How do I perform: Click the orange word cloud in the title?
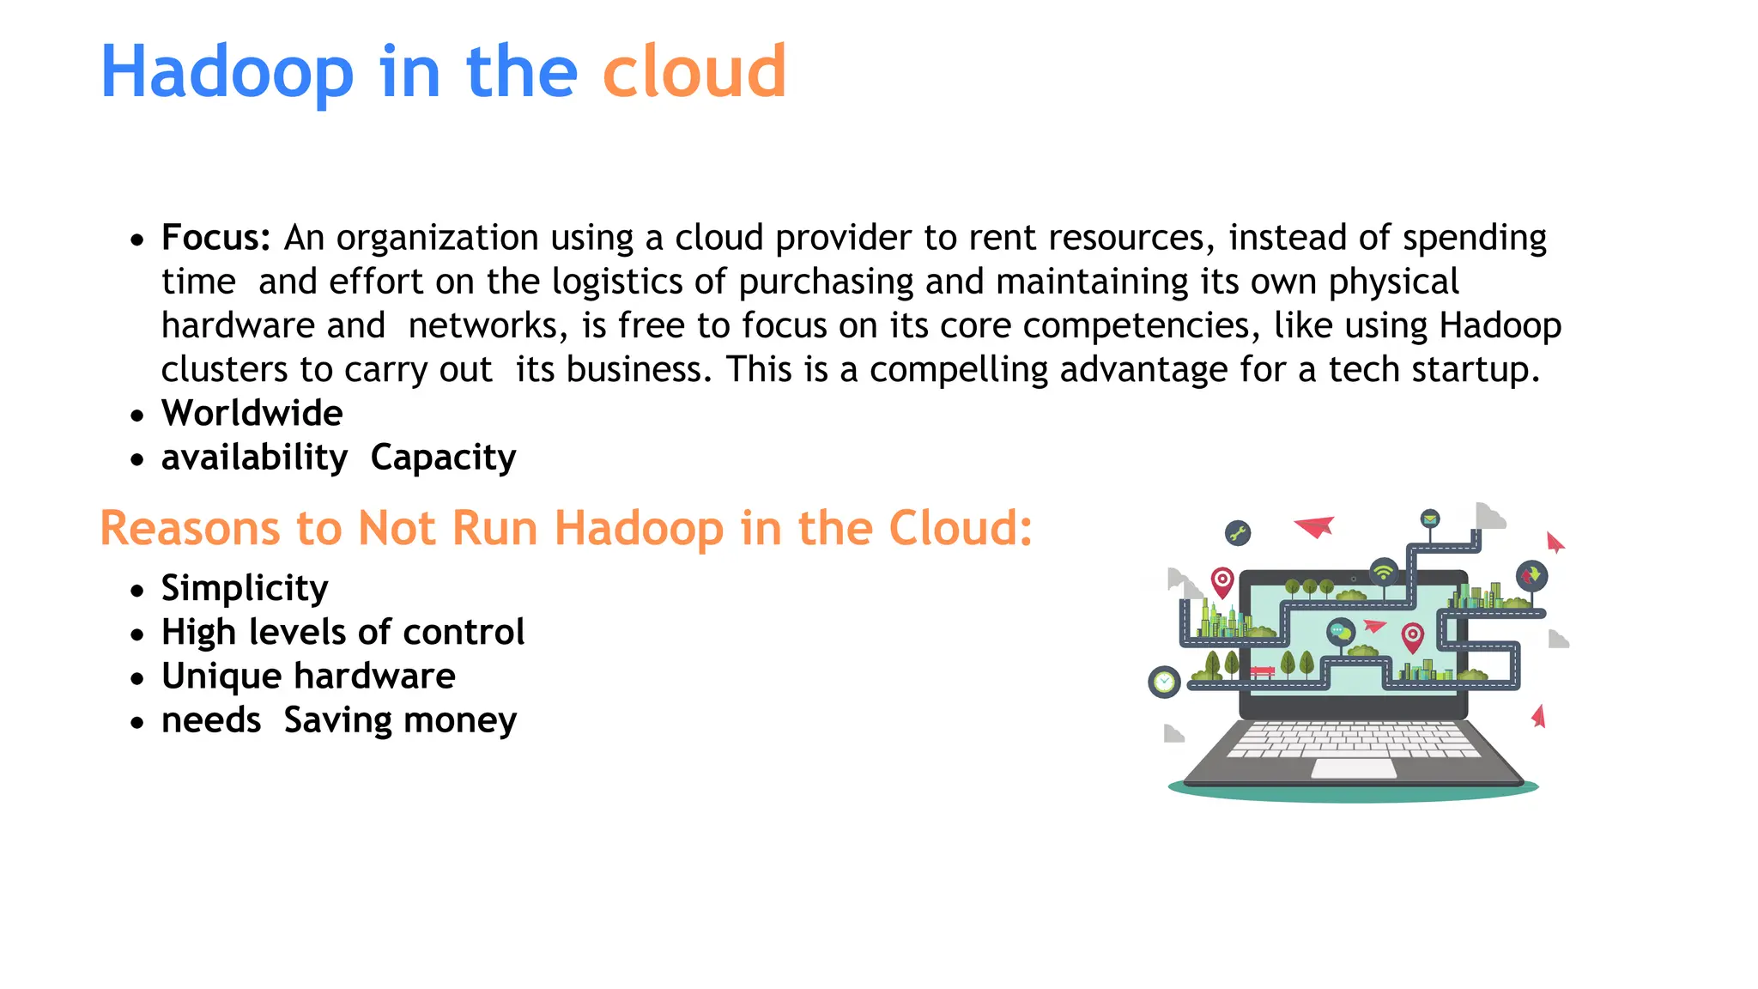point(694,71)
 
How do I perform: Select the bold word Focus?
point(216,238)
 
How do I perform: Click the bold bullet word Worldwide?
point(252,413)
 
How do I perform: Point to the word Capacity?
point(443,458)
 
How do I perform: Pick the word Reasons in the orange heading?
point(190,528)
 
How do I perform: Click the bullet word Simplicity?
point(245,589)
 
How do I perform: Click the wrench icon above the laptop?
point(1237,533)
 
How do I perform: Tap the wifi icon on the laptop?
point(1384,571)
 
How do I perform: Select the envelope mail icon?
point(1429,519)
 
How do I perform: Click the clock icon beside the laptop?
point(1164,683)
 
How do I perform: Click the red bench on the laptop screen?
point(1262,671)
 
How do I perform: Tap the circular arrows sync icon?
point(1531,574)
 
